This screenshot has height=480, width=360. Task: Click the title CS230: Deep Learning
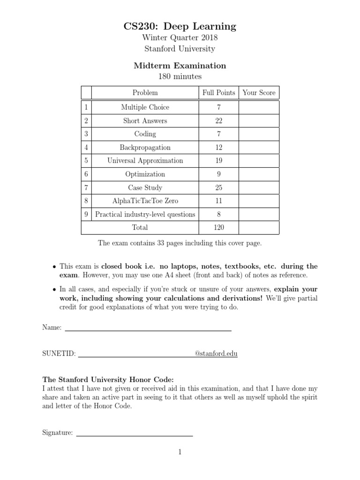(x=180, y=26)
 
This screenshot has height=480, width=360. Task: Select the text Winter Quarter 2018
(x=180, y=38)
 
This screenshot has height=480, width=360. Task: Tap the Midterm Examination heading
(x=180, y=66)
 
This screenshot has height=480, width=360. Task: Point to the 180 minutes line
(x=180, y=76)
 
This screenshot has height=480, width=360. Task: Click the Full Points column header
(x=218, y=93)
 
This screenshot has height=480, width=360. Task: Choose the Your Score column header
(x=259, y=93)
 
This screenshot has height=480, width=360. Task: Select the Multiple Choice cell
(x=145, y=107)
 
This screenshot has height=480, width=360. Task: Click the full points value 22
(x=218, y=121)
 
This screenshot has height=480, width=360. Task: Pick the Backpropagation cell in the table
(x=145, y=148)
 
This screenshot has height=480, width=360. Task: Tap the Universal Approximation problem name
(x=145, y=161)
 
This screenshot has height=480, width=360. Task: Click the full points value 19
(x=218, y=161)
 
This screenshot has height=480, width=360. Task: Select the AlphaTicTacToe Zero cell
(x=145, y=201)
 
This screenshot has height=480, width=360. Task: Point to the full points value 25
(x=218, y=188)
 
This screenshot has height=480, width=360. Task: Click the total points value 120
(x=218, y=228)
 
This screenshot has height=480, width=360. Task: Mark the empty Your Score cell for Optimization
(x=259, y=174)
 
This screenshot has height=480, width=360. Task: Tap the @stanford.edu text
(x=216, y=353)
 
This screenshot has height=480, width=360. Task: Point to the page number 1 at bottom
(x=180, y=452)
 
